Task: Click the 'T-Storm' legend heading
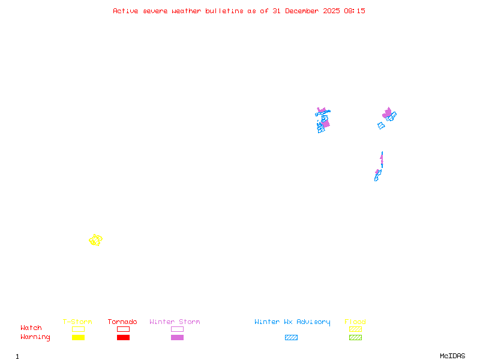point(77,322)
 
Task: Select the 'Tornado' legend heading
point(122,322)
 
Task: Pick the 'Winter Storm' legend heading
point(175,322)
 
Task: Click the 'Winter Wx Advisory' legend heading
point(292,322)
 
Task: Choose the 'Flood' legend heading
point(355,322)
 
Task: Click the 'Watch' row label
point(31,328)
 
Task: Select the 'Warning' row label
point(35,337)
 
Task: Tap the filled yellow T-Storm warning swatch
point(78,338)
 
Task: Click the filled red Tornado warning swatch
point(123,338)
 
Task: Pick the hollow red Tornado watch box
point(123,329)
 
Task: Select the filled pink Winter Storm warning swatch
point(177,338)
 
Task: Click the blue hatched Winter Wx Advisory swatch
point(291,338)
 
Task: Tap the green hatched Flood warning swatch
point(355,338)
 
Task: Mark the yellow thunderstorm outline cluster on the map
point(95,240)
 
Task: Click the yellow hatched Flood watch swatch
point(355,329)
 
